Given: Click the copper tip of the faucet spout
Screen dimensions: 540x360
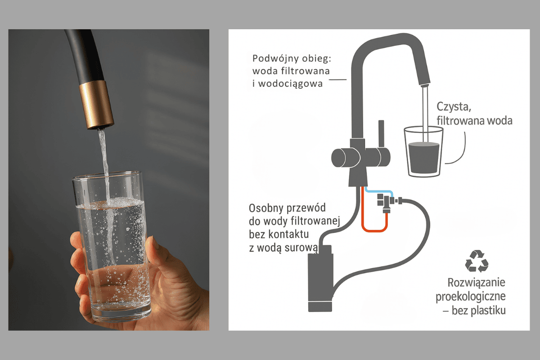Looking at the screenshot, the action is point(96,105).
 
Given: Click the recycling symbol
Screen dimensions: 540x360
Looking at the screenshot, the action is point(477,261).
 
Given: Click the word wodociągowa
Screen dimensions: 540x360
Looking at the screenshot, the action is point(290,84).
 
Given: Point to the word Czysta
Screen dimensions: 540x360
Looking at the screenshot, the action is point(454,107).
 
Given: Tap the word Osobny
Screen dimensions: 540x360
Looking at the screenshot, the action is point(264,208).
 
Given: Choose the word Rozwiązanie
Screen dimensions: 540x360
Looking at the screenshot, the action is point(476,283).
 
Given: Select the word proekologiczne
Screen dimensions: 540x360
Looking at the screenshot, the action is point(471,297).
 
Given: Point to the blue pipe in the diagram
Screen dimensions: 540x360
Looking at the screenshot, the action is point(378,192).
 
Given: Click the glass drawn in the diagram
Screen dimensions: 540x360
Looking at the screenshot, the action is point(423,152).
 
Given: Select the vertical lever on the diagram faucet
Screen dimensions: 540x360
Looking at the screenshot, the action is point(381,134).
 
